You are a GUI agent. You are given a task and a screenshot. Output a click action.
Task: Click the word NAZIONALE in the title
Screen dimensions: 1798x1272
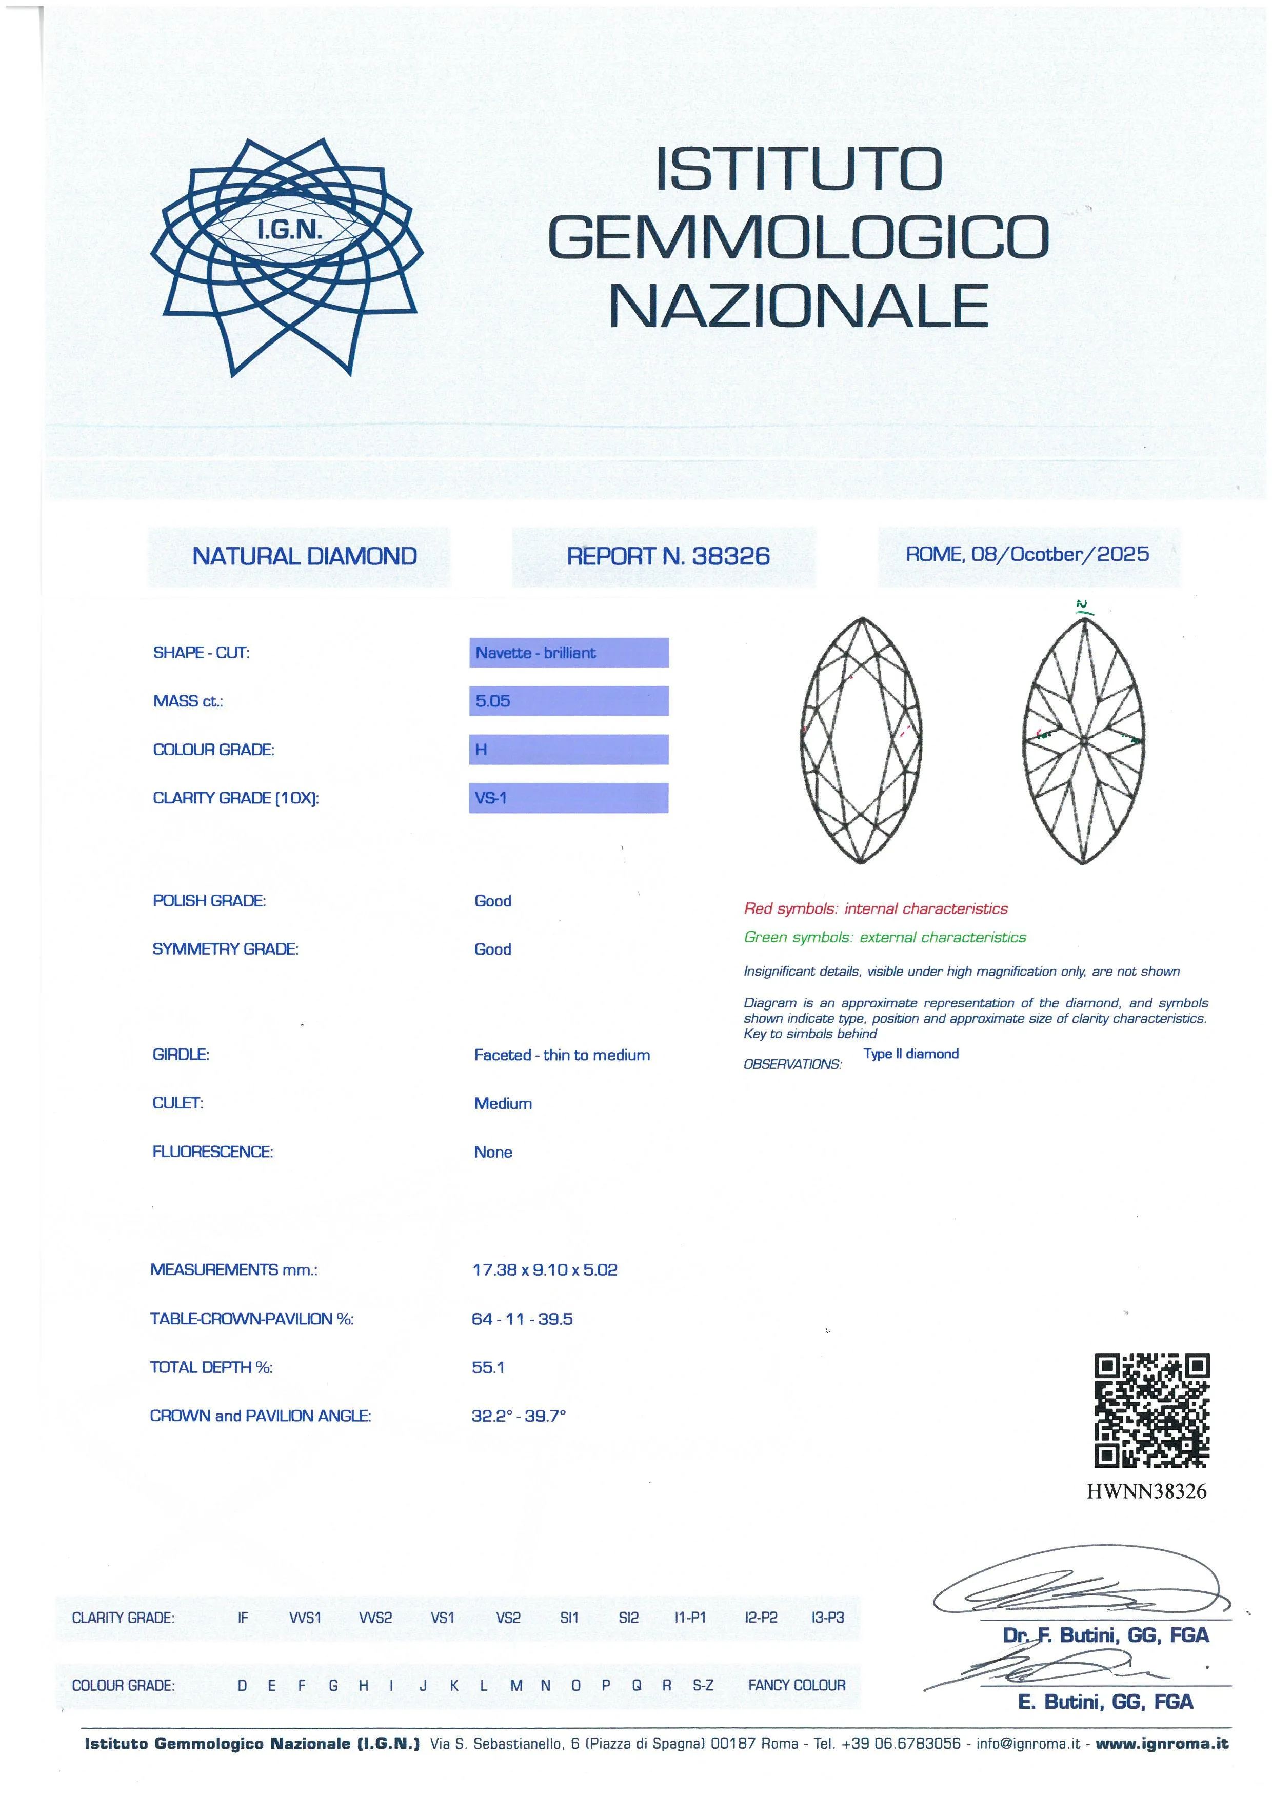point(798,306)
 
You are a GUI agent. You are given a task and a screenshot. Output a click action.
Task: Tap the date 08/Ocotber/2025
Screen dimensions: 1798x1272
point(1060,554)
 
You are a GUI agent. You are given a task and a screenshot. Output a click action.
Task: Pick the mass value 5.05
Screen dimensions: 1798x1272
point(493,701)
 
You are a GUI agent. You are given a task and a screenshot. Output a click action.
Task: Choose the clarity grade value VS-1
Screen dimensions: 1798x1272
point(491,798)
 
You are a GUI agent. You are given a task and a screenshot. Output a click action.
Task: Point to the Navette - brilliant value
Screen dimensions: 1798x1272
point(536,652)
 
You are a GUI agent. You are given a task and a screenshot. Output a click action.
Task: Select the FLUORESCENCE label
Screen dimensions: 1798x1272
point(212,1151)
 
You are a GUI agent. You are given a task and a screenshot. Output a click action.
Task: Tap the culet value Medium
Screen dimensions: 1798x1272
point(503,1103)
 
